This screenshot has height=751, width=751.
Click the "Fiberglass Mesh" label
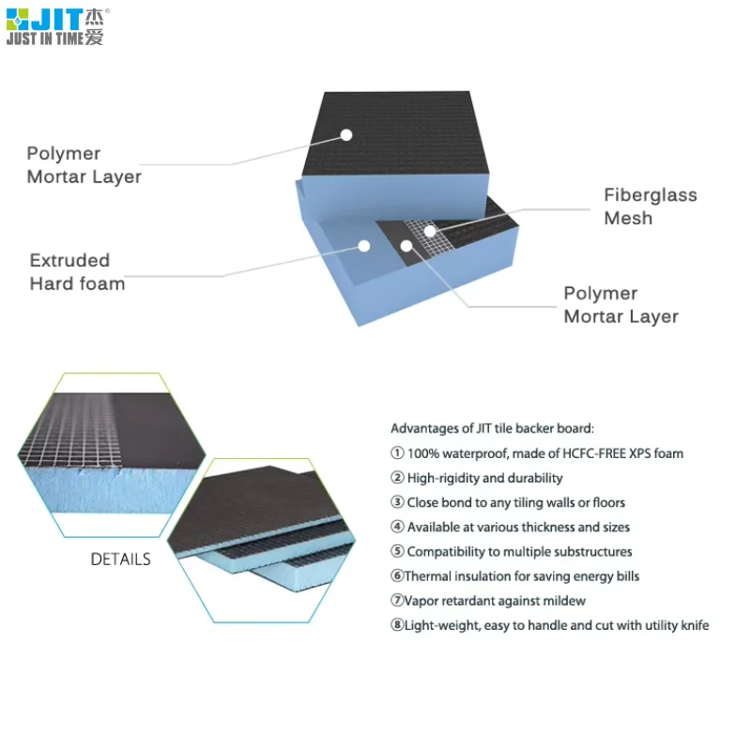click(x=650, y=207)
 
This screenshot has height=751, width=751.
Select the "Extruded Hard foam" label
click(x=77, y=272)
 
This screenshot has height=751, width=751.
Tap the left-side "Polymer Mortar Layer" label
click(x=84, y=165)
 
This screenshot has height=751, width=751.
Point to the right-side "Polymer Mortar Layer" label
click(x=621, y=305)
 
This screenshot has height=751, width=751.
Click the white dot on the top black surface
click(x=345, y=135)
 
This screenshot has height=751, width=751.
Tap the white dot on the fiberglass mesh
click(x=429, y=230)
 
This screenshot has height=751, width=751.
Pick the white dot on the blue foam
click(x=365, y=246)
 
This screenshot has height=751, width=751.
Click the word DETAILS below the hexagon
click(x=120, y=559)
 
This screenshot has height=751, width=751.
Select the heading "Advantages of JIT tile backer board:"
click(x=492, y=428)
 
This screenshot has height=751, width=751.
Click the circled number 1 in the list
click(x=397, y=453)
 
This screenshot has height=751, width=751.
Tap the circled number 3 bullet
click(x=397, y=503)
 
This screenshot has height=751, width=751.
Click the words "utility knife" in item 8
click(x=674, y=625)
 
